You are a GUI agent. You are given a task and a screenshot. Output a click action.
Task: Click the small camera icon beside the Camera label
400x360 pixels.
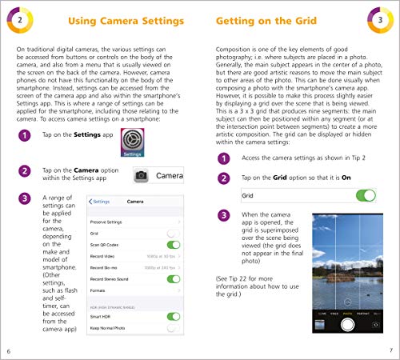coord(140,174)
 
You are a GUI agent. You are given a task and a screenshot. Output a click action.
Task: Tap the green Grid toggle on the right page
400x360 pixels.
coord(365,195)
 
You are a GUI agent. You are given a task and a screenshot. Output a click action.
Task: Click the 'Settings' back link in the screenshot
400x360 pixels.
coord(99,201)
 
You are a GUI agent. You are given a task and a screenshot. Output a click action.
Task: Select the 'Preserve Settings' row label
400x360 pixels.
coord(107,220)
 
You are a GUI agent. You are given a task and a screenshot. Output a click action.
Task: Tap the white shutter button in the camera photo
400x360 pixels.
coord(346,324)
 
